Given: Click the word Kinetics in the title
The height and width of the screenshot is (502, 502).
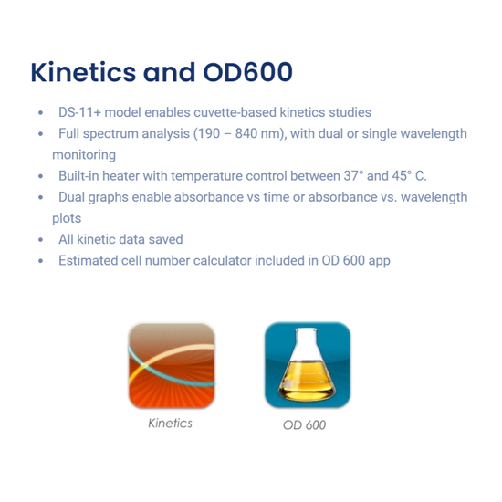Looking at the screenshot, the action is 83,72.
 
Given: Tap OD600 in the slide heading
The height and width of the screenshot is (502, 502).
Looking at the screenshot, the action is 247,72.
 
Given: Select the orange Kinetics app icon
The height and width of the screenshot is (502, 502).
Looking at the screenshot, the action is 172,365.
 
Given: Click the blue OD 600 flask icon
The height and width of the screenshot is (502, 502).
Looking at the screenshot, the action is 308,365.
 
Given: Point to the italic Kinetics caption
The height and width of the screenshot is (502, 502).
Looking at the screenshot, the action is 171,424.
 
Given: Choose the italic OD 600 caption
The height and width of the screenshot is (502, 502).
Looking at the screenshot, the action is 305,425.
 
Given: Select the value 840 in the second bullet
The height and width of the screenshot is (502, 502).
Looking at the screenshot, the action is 246,133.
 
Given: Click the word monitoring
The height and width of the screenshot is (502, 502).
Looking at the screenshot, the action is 84,155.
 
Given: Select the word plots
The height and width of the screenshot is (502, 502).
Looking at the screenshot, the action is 67,218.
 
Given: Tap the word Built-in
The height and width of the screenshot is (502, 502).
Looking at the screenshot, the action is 78,176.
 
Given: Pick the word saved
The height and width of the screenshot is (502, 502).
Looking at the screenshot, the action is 169,239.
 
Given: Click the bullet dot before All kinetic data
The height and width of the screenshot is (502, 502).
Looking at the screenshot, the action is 41,240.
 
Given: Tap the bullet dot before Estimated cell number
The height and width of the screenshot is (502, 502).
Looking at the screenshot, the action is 41,261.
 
